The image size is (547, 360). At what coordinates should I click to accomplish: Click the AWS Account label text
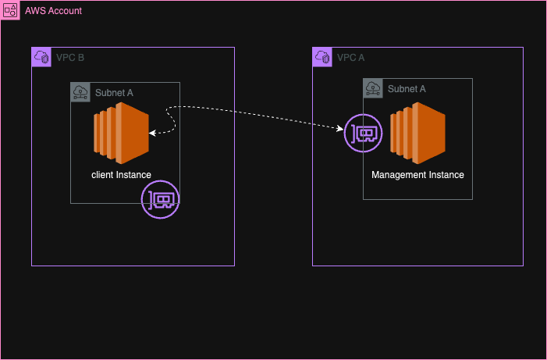(x=53, y=11)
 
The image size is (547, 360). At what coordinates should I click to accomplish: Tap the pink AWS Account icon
(x=11, y=11)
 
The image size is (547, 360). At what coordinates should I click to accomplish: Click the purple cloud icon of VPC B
(x=41, y=57)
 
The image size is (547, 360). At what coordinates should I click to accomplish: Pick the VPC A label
(x=350, y=58)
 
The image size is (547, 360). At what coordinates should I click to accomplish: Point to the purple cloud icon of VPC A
(x=322, y=57)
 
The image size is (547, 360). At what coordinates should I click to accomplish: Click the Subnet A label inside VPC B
(x=114, y=93)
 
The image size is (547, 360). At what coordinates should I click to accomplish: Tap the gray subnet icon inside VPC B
(x=80, y=92)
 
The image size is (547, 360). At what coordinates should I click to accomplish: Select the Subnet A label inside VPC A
(x=407, y=89)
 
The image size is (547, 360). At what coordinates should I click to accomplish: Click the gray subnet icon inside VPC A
(x=373, y=88)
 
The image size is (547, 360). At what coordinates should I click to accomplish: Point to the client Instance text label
(x=121, y=175)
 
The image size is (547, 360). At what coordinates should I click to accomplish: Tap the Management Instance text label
(x=417, y=175)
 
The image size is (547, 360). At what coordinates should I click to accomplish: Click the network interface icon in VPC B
(x=161, y=200)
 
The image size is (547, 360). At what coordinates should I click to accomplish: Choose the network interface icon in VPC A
(x=364, y=134)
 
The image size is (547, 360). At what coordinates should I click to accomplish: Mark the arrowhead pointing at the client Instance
(x=152, y=134)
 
